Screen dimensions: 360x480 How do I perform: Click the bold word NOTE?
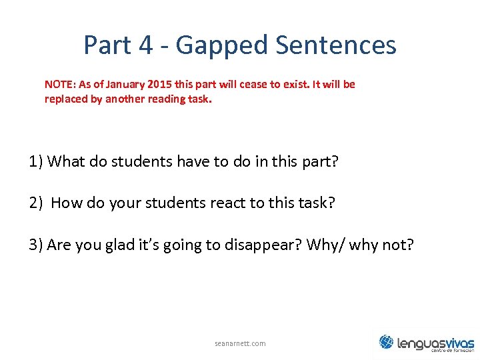pos(60,85)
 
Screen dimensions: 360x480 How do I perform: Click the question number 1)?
pos(37,161)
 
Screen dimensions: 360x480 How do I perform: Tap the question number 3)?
pos(37,245)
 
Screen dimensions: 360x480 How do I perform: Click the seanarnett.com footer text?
pos(240,343)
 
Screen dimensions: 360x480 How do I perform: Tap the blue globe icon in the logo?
pos(386,342)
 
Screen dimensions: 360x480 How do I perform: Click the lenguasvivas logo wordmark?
pos(435,343)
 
